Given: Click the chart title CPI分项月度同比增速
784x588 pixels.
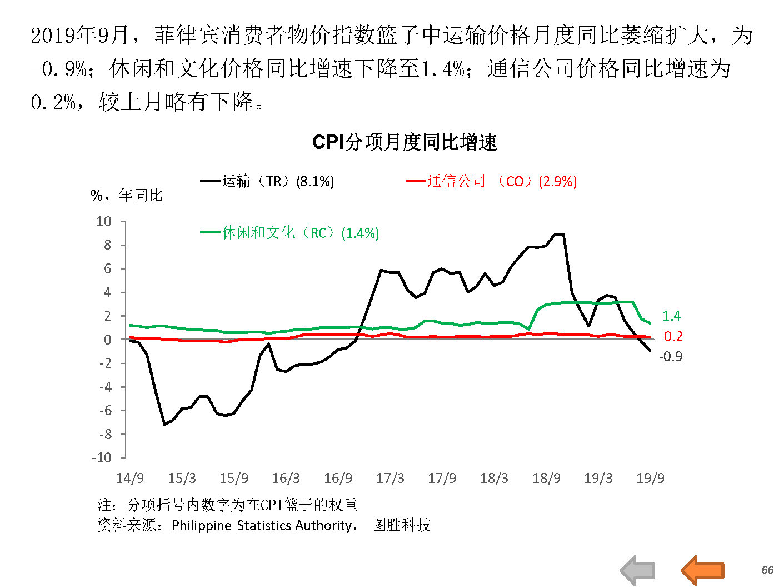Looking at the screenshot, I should [x=405, y=142].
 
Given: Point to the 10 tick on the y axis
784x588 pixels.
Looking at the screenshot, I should [x=104, y=222].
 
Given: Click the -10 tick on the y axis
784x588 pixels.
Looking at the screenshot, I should [x=102, y=458].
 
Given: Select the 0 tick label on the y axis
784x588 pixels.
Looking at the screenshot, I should [x=107, y=340].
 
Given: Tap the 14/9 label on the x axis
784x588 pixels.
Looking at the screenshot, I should [x=129, y=478].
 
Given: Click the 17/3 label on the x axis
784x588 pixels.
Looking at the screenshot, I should [x=390, y=478].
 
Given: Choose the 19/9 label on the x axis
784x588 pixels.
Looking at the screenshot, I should [x=650, y=478].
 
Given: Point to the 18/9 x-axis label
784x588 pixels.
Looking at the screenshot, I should [x=546, y=478].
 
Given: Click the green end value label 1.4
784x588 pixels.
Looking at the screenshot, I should [x=671, y=316].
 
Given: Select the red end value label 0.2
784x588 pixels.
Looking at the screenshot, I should [x=673, y=336].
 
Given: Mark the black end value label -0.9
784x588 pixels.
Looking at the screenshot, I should [x=671, y=357].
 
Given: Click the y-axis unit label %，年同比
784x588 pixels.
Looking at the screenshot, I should [x=127, y=195].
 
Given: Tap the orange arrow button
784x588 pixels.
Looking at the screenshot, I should [x=702, y=570].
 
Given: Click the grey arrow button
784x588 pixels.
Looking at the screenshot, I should [x=638, y=570].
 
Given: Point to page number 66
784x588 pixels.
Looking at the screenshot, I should [x=767, y=570].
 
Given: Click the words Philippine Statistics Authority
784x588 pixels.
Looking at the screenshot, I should [x=261, y=525].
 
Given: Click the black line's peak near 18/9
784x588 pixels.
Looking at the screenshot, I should [x=562, y=234].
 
